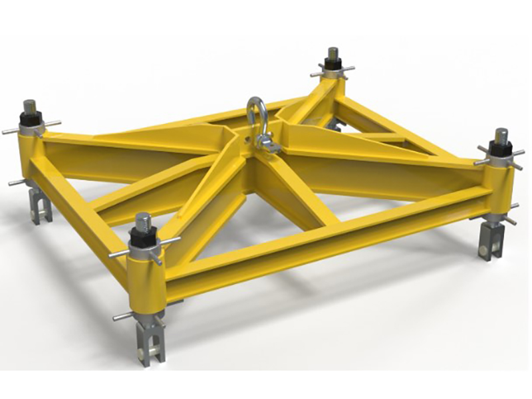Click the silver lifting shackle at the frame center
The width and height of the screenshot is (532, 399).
pyautogui.click(x=255, y=115)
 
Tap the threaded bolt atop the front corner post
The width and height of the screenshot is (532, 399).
pyautogui.click(x=143, y=220)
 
